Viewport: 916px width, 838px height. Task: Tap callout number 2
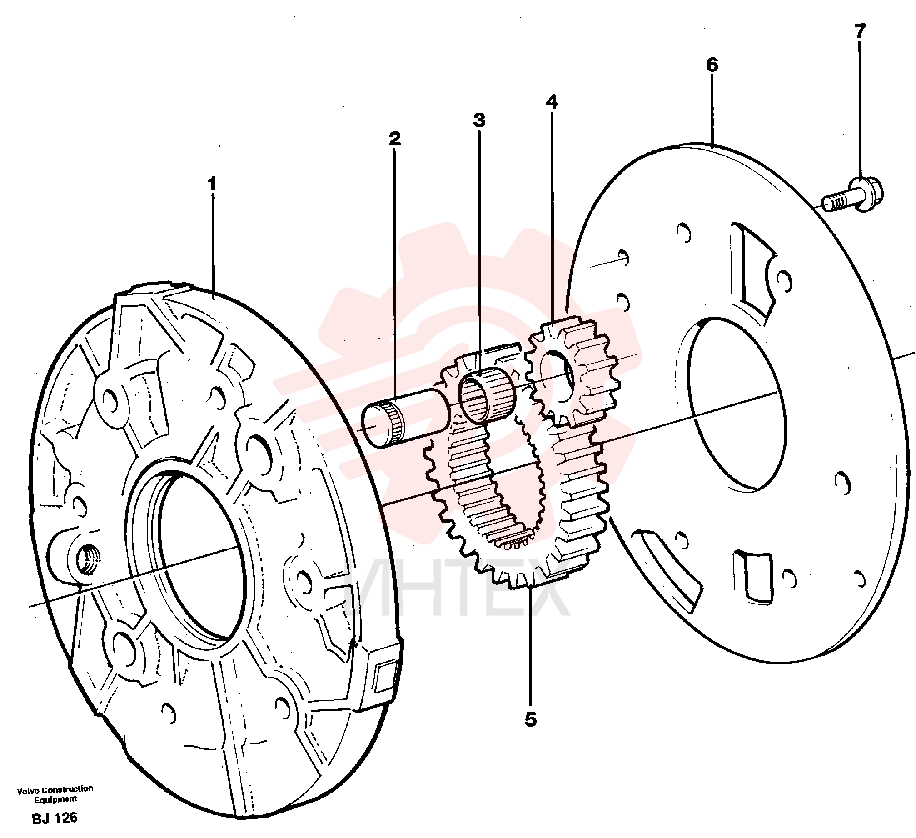(394, 138)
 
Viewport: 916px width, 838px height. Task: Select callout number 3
(479, 120)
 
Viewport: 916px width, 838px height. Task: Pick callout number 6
(712, 65)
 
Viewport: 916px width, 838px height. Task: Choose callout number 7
(860, 31)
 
